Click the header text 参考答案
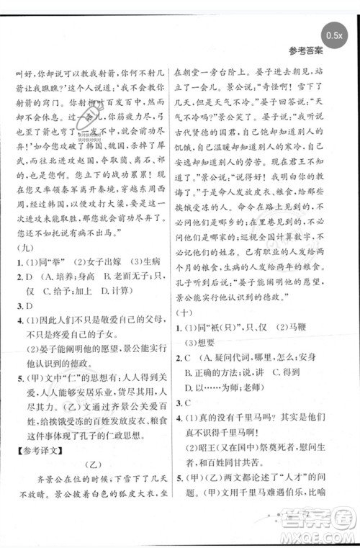(305, 51)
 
